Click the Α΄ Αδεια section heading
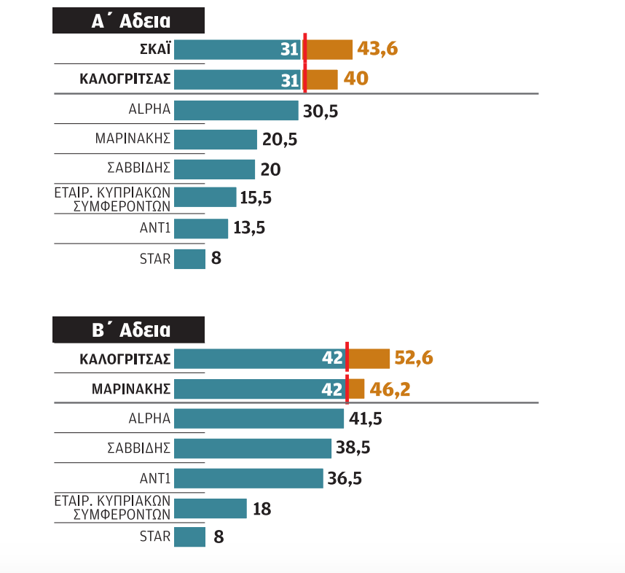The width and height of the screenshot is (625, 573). [128, 21]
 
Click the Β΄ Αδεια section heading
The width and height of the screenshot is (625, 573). [128, 330]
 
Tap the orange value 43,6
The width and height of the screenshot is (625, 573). [378, 50]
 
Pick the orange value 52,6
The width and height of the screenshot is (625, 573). [414, 359]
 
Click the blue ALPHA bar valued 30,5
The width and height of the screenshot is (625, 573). [236, 110]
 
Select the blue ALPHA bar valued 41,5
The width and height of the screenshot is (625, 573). [259, 418]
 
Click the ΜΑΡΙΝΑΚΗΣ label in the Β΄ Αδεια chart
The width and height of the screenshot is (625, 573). [131, 389]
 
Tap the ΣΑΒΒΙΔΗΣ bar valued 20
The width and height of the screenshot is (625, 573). [214, 169]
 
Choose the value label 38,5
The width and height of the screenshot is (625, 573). [353, 448]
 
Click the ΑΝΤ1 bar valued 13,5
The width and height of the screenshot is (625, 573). [201, 228]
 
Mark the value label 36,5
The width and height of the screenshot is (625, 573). [345, 478]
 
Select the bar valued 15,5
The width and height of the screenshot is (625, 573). [205, 198]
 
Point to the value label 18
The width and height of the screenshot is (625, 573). [262, 509]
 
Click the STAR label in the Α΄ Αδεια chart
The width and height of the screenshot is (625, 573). [154, 258]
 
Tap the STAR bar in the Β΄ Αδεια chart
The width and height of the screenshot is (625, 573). [189, 537]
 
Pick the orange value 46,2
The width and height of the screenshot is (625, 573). [390, 389]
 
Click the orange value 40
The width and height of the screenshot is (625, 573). [356, 79]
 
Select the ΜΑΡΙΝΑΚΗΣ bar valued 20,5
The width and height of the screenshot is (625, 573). [216, 139]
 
